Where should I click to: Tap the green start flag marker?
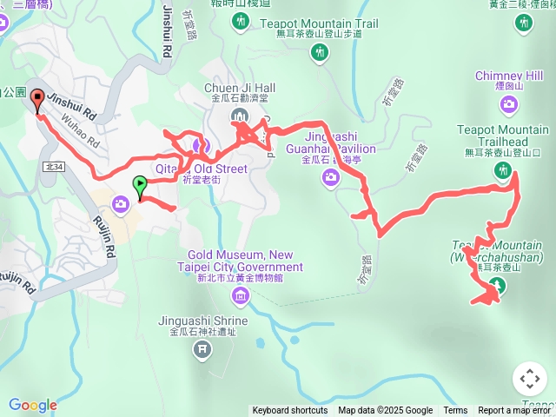point(139,185)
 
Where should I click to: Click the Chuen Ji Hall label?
point(240,88)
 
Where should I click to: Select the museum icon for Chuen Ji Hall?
point(240,117)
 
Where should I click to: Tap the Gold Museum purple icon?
point(240,297)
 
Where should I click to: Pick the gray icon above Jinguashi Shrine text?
point(202,349)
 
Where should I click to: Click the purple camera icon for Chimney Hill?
point(509,105)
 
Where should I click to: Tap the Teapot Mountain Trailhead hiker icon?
point(502,171)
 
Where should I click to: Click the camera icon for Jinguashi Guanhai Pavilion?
point(330,178)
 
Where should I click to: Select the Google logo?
point(32,406)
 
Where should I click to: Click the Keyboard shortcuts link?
point(290,411)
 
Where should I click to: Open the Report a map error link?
point(516,411)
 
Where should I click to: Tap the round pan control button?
point(530,379)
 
